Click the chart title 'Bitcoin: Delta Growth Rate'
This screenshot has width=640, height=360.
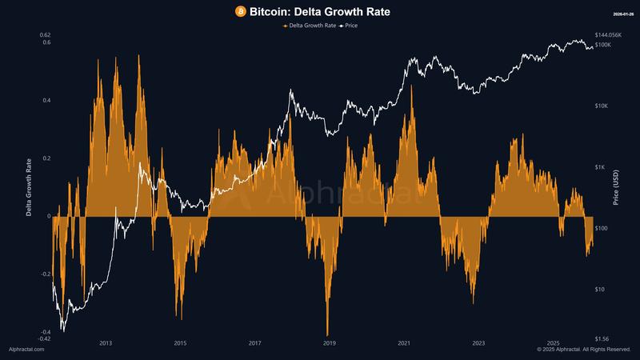(327, 11)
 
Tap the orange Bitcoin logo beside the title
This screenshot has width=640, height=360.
(240, 11)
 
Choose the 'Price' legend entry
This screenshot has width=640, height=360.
(347, 26)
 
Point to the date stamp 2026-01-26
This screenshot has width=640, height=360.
(622, 14)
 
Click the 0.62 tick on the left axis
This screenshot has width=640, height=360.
(44, 35)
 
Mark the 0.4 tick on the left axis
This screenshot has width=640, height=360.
(46, 101)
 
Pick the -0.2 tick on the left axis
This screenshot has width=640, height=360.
(45, 274)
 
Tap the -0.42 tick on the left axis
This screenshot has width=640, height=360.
(43, 338)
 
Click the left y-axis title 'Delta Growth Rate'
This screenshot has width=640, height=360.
(30, 188)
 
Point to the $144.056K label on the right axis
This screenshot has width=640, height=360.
(609, 35)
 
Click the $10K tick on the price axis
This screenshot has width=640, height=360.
(602, 106)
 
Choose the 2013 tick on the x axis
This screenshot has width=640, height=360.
(106, 342)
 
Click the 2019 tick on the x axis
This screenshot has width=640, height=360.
(329, 342)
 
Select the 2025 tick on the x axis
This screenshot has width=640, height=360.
(553, 342)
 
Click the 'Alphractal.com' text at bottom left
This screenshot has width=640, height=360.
(26, 350)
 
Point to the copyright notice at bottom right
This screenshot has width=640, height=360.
(584, 350)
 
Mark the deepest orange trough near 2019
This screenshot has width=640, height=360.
(327, 334)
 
